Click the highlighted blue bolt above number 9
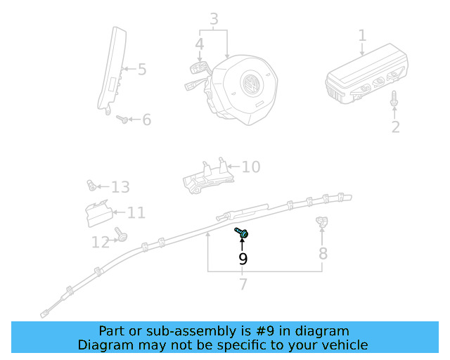242,232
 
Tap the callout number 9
243,259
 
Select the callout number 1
362,35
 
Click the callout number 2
395,127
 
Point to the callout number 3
214,19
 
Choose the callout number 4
200,44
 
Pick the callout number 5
141,70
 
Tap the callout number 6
146,120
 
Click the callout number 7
243,285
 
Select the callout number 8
323,253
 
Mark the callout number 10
251,167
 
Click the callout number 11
136,212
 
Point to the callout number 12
101,243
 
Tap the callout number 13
120,187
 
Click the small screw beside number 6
123,120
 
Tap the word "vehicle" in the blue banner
344,345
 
